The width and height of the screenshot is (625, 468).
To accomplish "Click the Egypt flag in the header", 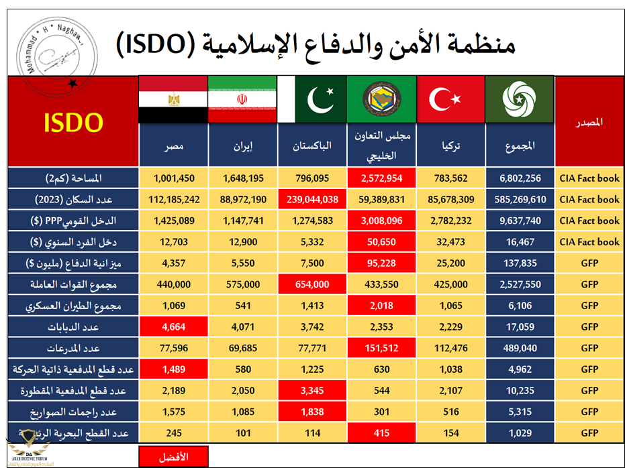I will (173, 99).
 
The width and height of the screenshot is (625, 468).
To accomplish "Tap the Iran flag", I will (242, 99).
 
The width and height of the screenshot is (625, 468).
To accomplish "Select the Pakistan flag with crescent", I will (311, 99).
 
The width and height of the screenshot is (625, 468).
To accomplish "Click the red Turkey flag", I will (450, 99).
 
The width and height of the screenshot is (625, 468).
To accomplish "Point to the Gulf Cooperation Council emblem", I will (381, 99).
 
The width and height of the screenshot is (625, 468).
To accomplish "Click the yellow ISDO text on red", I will (73, 123).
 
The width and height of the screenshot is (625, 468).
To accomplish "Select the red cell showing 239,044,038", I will (311, 199).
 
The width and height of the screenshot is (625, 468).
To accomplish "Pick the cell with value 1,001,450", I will (173, 178).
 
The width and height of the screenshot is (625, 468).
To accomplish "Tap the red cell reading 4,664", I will (173, 327).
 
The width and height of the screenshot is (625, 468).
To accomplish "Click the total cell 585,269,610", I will (520, 199).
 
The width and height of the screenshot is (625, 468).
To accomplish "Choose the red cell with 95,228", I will (381, 263).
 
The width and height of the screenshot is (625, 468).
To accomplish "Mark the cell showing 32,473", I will (450, 241).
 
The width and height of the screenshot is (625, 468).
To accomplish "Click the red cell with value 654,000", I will (311, 284).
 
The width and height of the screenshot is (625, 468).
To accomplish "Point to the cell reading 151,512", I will (381, 348).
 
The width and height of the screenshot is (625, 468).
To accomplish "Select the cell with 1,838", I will (311, 412).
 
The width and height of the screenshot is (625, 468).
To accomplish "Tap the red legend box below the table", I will (173, 457).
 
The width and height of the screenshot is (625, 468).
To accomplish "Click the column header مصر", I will (173, 145).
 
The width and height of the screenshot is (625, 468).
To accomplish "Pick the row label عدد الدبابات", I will (73, 327).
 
